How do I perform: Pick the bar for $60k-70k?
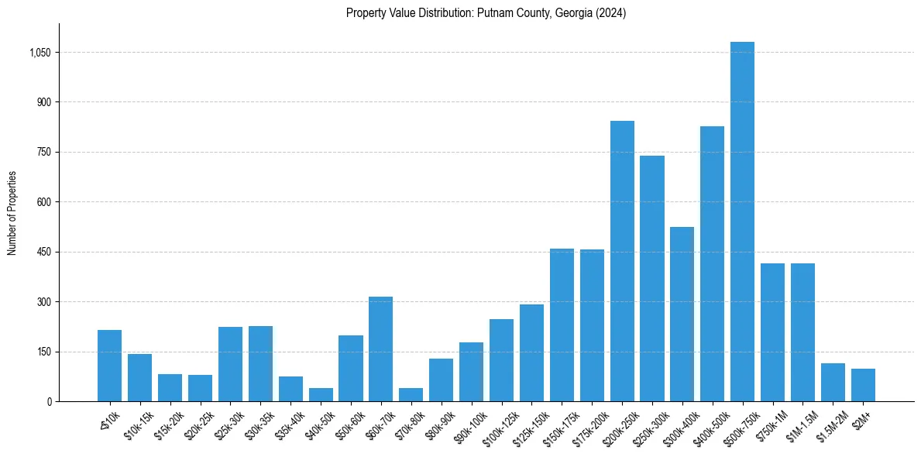click(x=380, y=349)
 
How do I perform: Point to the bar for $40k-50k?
click(x=321, y=394)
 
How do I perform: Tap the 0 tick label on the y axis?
click(x=49, y=401)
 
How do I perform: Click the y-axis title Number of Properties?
click(x=12, y=213)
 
